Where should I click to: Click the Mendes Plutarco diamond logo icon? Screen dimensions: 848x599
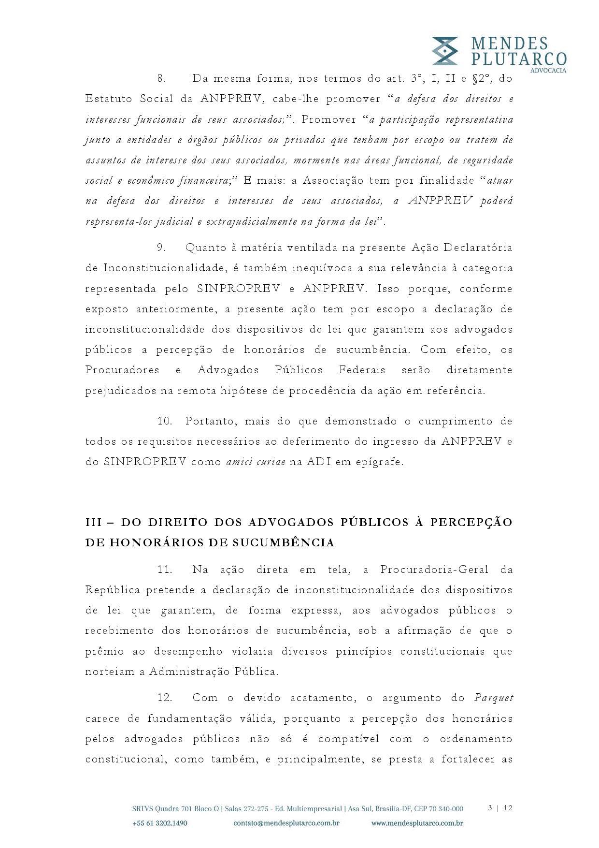coord(445,51)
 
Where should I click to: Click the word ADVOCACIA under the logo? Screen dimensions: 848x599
coord(548,71)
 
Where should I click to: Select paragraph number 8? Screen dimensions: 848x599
coord(162,78)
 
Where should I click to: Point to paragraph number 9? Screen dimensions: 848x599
coord(162,248)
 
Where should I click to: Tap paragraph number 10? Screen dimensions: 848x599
coord(165,421)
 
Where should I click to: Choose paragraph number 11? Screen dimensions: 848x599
coord(165,570)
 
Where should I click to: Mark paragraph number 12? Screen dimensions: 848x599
coord(165,698)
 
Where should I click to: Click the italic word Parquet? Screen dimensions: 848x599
coord(493,698)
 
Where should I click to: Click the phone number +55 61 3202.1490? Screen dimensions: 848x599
coord(159,823)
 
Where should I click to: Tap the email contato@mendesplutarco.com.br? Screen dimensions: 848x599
coord(286,823)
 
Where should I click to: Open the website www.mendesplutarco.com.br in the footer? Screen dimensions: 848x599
coord(417,823)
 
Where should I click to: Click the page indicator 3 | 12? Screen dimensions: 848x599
coord(500,808)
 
